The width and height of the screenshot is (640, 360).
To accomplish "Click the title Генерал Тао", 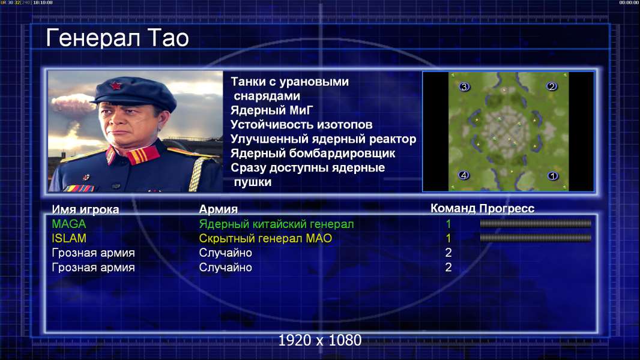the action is [117, 38].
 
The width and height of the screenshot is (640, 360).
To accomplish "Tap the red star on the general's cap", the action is [115, 85].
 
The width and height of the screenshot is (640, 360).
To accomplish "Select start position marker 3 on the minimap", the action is [464, 86].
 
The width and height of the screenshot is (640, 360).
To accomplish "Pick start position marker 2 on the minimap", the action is [552, 86].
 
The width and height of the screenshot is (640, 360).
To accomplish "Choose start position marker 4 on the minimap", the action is [463, 175].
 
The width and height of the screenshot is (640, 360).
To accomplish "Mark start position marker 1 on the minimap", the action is [553, 176].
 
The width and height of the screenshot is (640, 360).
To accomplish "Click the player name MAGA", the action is [69, 224].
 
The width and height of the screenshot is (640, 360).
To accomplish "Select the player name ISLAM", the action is [69, 238].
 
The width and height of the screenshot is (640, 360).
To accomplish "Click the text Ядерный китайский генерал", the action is [276, 224].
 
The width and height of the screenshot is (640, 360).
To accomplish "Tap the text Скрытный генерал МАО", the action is [265, 239].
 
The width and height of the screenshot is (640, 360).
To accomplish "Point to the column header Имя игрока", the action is [85, 209].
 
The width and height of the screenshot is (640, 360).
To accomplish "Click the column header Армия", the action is [219, 209].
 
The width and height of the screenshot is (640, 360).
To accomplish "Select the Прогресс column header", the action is [507, 209].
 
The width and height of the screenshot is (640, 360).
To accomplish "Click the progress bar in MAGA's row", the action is [536, 223].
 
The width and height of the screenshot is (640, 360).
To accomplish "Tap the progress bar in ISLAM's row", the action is [536, 238].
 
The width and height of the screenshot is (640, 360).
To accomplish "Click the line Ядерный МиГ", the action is [271, 110].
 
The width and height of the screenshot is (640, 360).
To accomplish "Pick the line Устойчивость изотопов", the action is [301, 124].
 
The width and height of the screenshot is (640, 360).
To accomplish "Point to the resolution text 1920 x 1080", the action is [320, 340].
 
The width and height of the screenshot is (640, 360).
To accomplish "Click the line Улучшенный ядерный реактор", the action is [323, 139].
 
